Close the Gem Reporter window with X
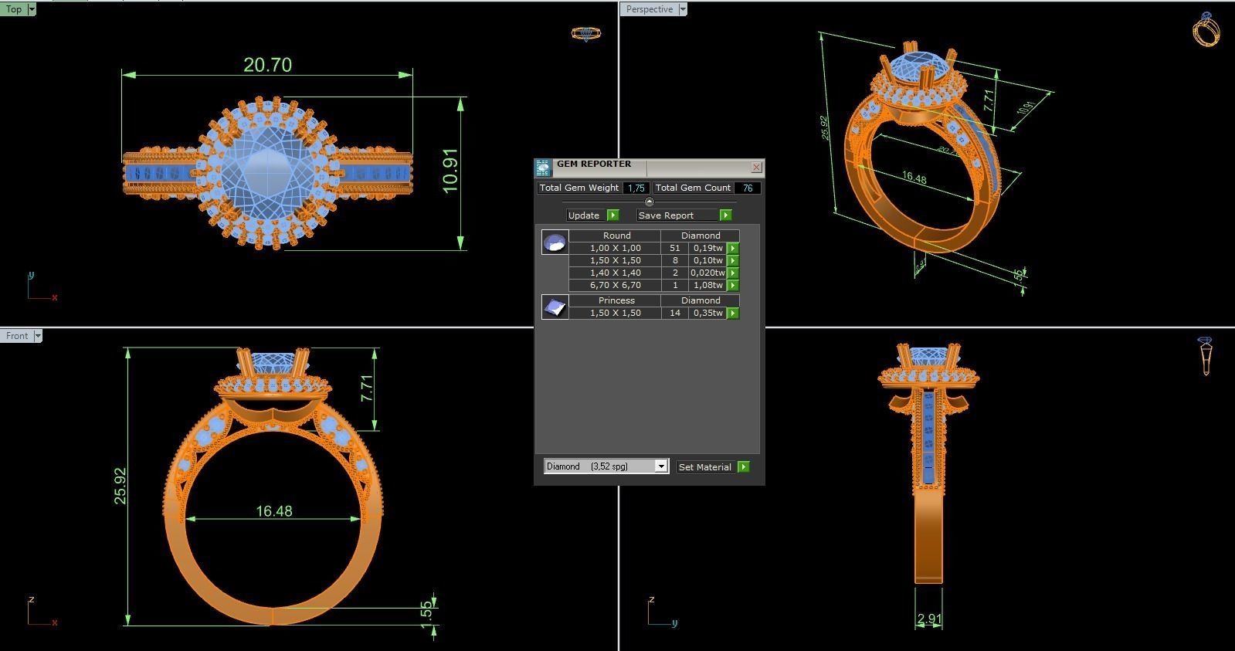click(x=756, y=167)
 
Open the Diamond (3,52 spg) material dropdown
click(x=660, y=466)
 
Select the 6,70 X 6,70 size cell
click(x=615, y=285)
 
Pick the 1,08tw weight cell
click(x=707, y=285)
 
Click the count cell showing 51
click(x=675, y=248)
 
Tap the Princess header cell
click(x=616, y=300)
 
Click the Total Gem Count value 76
click(x=747, y=188)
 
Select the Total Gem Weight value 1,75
click(x=636, y=188)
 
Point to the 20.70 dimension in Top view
click(x=267, y=65)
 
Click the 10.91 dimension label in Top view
click(x=451, y=171)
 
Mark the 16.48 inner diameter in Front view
click(x=274, y=511)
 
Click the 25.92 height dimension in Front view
click(x=120, y=486)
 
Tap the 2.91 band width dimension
click(x=929, y=619)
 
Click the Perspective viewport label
click(x=649, y=9)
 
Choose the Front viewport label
click(x=16, y=336)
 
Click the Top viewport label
click(x=14, y=9)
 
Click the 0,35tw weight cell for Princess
click(x=707, y=313)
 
